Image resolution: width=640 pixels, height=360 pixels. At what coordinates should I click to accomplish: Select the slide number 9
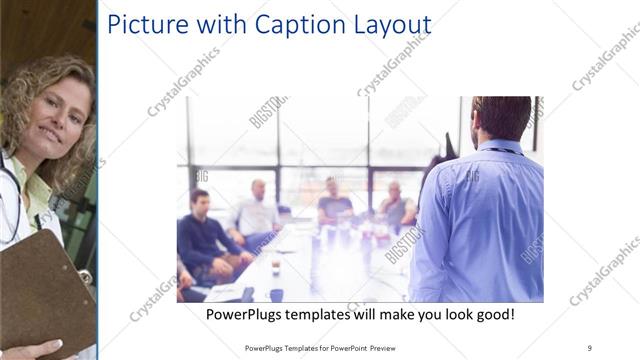[x=589, y=347]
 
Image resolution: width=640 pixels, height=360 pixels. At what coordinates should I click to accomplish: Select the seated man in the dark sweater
[x=204, y=235]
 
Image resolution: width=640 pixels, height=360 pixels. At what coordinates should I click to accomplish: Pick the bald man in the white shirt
[x=257, y=210]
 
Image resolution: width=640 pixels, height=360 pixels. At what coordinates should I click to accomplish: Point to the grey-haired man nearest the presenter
[x=396, y=205]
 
